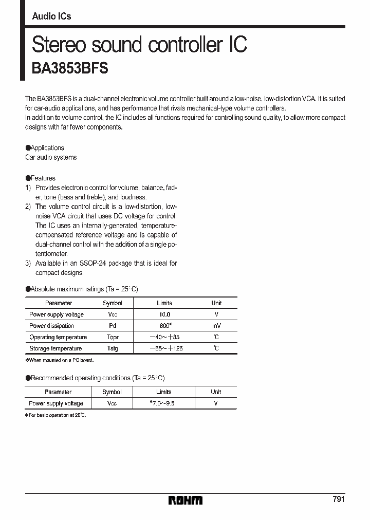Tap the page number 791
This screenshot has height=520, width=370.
pyautogui.click(x=338, y=499)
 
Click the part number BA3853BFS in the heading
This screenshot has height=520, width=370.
pyautogui.click(x=70, y=69)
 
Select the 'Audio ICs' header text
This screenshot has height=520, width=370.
pyautogui.click(x=51, y=16)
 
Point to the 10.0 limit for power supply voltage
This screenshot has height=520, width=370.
pyautogui.click(x=164, y=314)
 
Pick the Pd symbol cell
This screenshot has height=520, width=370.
pyautogui.click(x=112, y=326)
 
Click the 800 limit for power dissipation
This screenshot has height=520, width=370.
pyautogui.click(x=164, y=326)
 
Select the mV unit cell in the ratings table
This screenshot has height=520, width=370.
pyautogui.click(x=216, y=326)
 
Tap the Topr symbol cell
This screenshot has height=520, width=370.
pyautogui.click(x=112, y=337)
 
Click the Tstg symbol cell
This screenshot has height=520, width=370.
pyautogui.click(x=112, y=348)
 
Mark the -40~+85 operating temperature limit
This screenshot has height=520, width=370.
pyautogui.click(x=164, y=337)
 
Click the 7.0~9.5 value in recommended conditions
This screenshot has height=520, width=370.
pyautogui.click(x=163, y=403)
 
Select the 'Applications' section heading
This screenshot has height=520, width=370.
pyautogui.click(x=47, y=147)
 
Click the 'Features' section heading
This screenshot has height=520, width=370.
pyautogui.click(x=43, y=178)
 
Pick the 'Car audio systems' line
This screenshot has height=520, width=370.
pyautogui.click(x=51, y=157)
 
